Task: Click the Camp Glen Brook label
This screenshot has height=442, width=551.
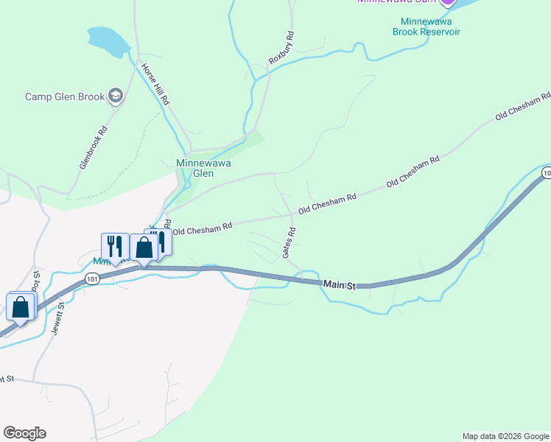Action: (x=65, y=97)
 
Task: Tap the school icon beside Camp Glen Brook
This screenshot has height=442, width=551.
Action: (x=115, y=96)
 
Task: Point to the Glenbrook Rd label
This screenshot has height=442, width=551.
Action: (x=94, y=147)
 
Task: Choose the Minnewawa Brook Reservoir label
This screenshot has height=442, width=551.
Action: (x=430, y=27)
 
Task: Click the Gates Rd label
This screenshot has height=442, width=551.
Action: (x=289, y=242)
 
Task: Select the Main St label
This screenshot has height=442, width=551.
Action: (x=340, y=283)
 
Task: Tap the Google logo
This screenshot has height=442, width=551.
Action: (x=24, y=433)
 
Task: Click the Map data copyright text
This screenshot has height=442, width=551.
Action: (x=505, y=436)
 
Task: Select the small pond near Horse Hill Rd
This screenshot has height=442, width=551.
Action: (x=110, y=41)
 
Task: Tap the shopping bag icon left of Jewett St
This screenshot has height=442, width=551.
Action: (x=21, y=306)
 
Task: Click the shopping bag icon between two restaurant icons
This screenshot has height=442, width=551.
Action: (x=144, y=247)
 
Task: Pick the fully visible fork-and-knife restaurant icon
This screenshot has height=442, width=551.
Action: (x=115, y=245)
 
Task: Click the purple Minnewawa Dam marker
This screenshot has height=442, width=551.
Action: (x=446, y=1)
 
